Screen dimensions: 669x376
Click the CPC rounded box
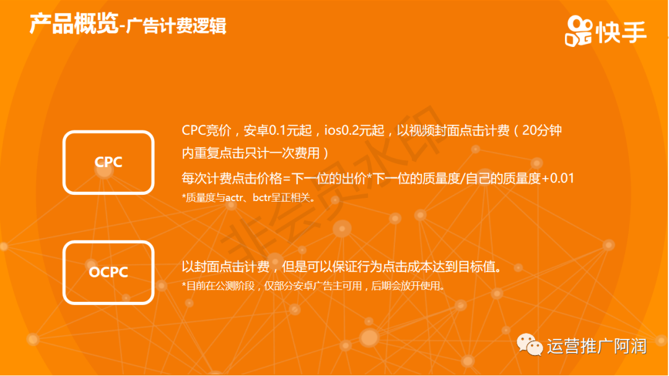[108, 132]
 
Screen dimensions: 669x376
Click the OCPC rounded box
[108, 242]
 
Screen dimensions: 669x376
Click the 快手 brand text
[622, 32]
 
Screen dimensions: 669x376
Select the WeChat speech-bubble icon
[530, 344]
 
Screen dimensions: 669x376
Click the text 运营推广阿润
[597, 346]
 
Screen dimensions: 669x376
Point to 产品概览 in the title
[73, 24]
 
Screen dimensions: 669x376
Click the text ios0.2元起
[354, 130]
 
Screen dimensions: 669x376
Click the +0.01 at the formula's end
[557, 178]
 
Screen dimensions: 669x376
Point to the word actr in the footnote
[234, 197]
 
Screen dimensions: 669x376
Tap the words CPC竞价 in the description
[206, 130]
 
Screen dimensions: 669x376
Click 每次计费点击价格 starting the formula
[232, 178]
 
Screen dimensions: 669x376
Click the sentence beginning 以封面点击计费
[342, 267]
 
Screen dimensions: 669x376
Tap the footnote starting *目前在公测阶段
[313, 286]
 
